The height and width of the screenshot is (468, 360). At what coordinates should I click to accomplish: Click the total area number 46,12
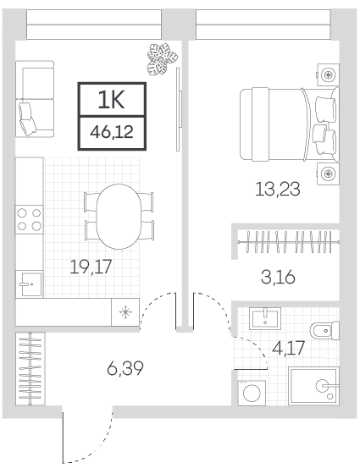pyautogui.click(x=112, y=132)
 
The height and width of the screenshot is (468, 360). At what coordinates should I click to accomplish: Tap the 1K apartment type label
pyautogui.click(x=111, y=100)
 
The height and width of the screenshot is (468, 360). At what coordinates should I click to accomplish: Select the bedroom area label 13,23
pyautogui.click(x=278, y=190)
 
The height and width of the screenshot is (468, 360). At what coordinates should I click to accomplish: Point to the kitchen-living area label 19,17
pyautogui.click(x=91, y=267)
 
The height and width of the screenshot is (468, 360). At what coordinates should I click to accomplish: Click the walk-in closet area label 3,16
pyautogui.click(x=278, y=277)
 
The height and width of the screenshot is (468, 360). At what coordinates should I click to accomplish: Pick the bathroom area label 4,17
pyautogui.click(x=289, y=348)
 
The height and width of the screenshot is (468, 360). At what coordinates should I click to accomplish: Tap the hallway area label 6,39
pyautogui.click(x=125, y=368)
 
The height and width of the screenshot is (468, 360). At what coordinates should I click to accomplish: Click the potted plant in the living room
pyautogui.click(x=163, y=58)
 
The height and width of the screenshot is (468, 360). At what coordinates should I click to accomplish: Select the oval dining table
pyautogui.click(x=119, y=217)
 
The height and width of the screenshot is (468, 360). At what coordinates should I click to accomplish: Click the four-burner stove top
pyautogui.click(x=30, y=219)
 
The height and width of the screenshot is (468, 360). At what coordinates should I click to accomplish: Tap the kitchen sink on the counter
pyautogui.click(x=29, y=284)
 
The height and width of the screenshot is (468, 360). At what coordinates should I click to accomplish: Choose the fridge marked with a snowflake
pyautogui.click(x=125, y=312)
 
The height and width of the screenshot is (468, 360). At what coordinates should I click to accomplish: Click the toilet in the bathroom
pyautogui.click(x=324, y=331)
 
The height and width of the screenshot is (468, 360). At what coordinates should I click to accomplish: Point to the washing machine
pyautogui.click(x=252, y=393)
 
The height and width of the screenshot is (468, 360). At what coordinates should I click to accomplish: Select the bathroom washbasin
pyautogui.click(x=265, y=319)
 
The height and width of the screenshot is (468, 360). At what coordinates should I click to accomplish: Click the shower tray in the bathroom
pyautogui.click(x=313, y=386)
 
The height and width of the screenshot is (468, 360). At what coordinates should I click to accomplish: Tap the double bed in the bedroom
pyautogui.click(x=290, y=124)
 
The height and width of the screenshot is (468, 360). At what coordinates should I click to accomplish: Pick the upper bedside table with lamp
pyautogui.click(x=328, y=74)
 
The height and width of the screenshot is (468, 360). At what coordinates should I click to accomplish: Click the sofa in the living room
pyautogui.click(x=35, y=99)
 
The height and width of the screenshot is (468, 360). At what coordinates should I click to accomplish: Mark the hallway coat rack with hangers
pyautogui.click(x=30, y=369)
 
